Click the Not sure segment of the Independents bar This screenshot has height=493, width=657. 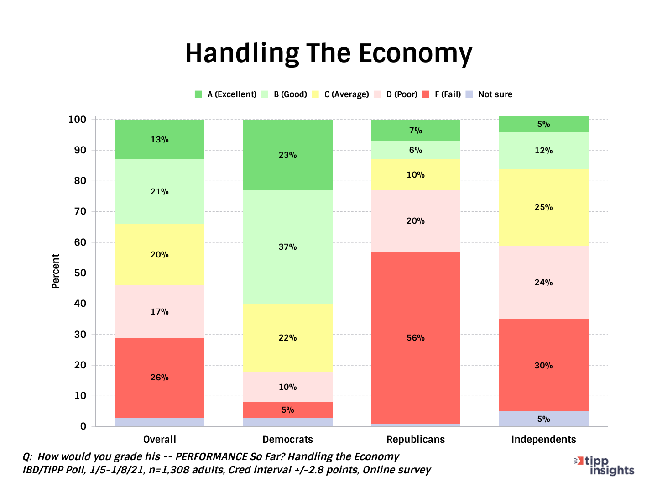click(x=543, y=419)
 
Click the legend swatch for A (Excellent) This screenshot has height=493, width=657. click(x=198, y=94)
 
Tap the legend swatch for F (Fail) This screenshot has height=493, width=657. click(x=426, y=94)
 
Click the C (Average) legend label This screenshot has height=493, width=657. click(x=346, y=94)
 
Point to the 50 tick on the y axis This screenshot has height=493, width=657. click(x=80, y=273)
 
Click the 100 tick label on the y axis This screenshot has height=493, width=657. click(x=77, y=120)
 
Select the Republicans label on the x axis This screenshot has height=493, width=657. click(x=415, y=440)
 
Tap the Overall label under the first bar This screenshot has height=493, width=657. click(x=159, y=440)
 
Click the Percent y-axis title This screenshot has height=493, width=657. click(x=56, y=271)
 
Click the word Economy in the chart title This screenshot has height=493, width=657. click(x=415, y=54)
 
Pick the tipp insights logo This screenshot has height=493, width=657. click(x=605, y=466)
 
